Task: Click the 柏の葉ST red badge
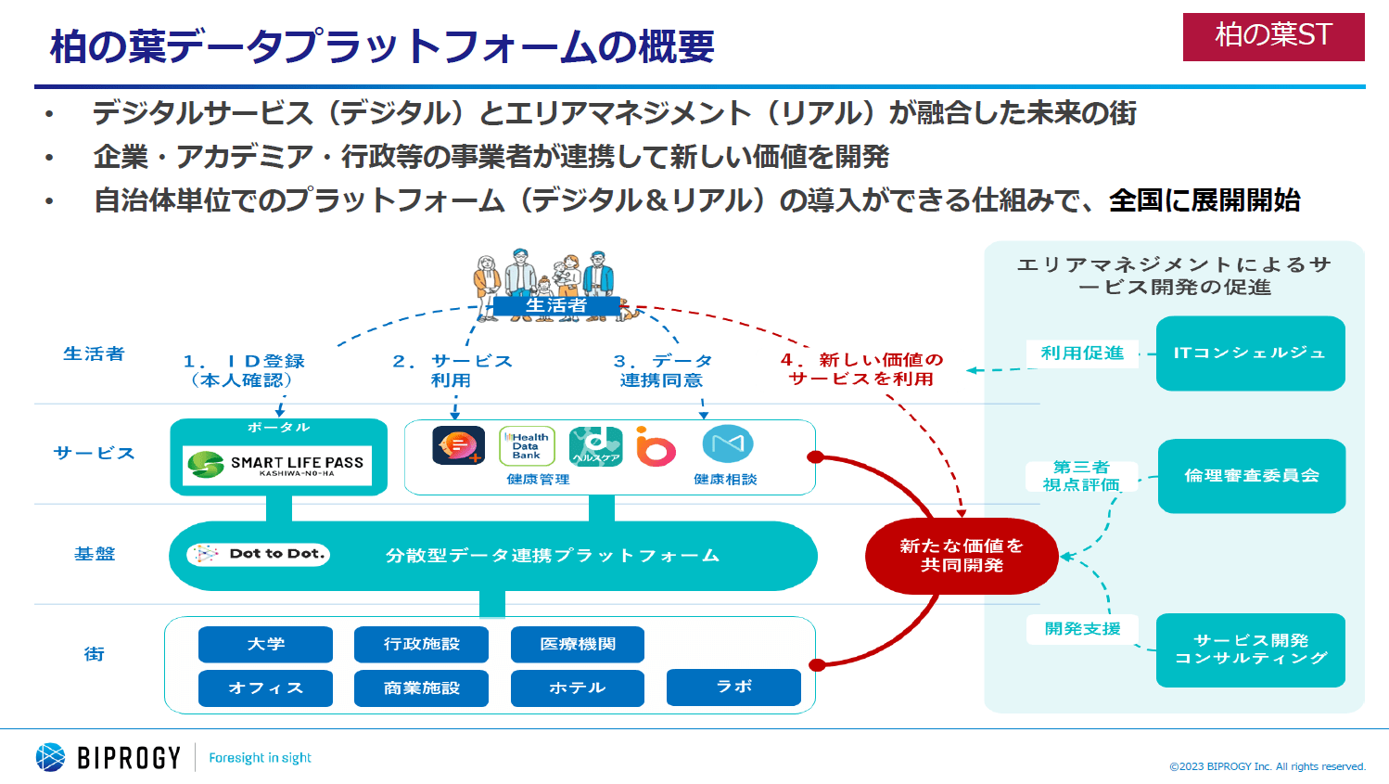[1273, 37]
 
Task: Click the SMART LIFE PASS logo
[277, 465]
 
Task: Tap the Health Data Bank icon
[527, 446]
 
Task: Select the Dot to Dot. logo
[259, 554]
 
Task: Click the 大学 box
[265, 644]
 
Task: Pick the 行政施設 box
[421, 644]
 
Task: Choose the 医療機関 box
[577, 644]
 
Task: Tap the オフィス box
[265, 688]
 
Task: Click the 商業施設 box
[421, 688]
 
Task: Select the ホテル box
[577, 688]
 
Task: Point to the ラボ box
[733, 687]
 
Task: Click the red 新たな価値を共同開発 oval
[962, 556]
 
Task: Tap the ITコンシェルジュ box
[1250, 353]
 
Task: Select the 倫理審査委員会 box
[1251, 475]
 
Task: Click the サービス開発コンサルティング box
[1250, 649]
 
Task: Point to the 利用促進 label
[1082, 353]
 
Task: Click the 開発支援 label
[1082, 629]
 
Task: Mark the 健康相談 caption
[725, 480]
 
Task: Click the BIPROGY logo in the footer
[108, 757]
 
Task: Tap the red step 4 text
[862, 369]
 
